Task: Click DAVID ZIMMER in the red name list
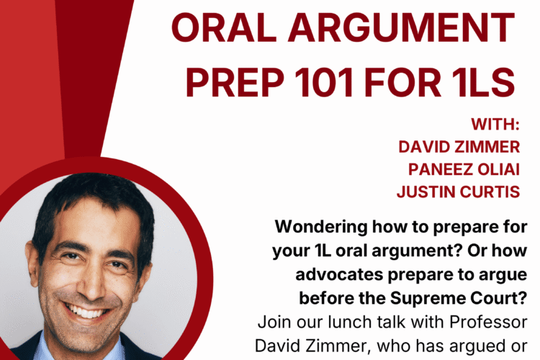(x=459, y=147)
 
